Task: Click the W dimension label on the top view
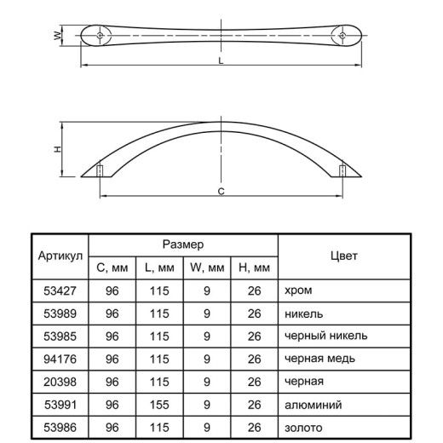click(58, 36)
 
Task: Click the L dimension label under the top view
click(221, 60)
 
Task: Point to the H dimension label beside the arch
click(58, 149)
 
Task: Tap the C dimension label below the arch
click(221, 192)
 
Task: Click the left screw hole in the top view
click(100, 36)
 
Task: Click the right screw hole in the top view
click(342, 36)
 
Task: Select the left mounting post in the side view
click(100, 170)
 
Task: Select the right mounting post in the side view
click(342, 170)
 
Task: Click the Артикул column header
click(60, 256)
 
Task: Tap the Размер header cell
click(183, 245)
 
